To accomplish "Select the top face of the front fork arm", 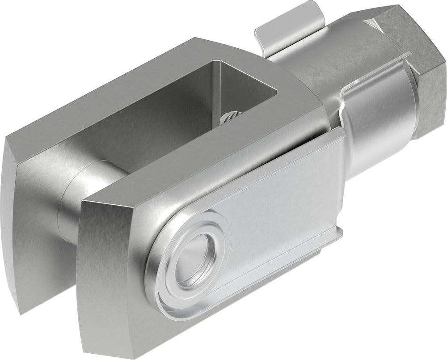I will (201, 165).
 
